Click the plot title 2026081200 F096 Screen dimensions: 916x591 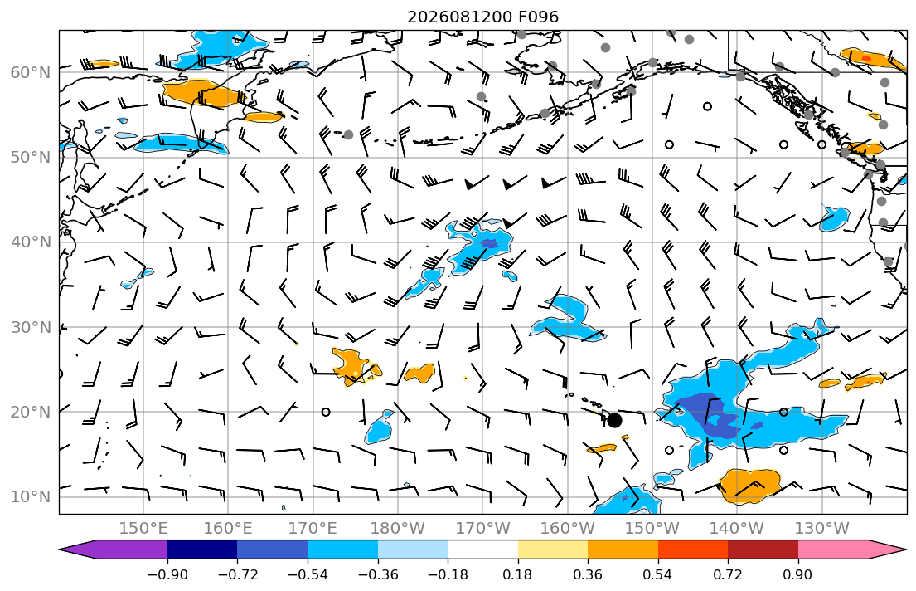[482, 17]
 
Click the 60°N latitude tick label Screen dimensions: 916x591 [31, 72]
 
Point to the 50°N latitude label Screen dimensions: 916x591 [31, 158]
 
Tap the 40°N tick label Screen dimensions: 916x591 [31, 242]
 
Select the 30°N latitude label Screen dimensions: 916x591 [31, 327]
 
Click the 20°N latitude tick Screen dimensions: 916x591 [31, 412]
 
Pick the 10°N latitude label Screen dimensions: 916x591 [31, 497]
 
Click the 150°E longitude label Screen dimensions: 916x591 [143, 529]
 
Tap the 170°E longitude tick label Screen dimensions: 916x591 [313, 529]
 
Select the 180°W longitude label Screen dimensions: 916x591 [398, 529]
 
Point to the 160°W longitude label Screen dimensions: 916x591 [567, 529]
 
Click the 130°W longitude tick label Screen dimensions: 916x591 [822, 529]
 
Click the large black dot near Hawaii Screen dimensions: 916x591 [614, 420]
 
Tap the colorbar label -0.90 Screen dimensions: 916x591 [167, 574]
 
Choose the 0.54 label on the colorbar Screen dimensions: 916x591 [658, 574]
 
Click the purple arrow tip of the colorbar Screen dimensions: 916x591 [60, 549]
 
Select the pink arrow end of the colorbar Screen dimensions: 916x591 [906, 549]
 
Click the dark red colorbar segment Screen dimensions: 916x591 [763, 549]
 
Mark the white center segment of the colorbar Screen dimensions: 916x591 [482, 549]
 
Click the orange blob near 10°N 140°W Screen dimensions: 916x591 [749, 486]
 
